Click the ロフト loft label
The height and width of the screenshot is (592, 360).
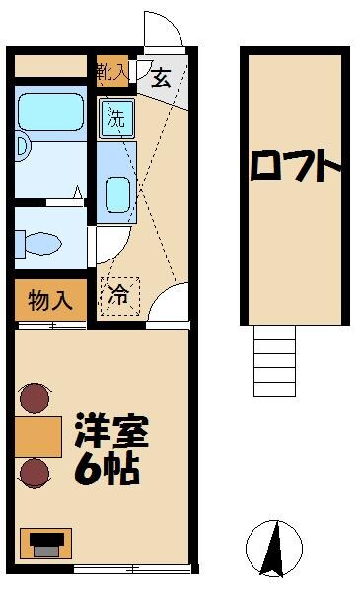[x=294, y=169]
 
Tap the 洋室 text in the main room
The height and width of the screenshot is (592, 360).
[x=110, y=433]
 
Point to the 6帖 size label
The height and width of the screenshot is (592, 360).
[x=107, y=469]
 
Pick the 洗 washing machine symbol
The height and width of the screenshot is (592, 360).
[x=116, y=119]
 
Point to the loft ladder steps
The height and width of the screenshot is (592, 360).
[x=274, y=360]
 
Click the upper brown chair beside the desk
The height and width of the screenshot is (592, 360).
[x=36, y=398]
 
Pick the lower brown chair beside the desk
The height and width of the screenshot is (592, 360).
[x=36, y=473]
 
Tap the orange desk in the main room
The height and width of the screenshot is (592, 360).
[x=37, y=435]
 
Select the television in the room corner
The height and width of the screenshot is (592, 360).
[x=44, y=545]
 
